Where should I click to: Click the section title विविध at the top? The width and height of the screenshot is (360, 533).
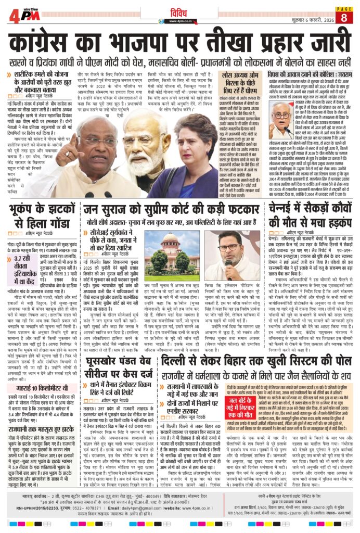(179, 12)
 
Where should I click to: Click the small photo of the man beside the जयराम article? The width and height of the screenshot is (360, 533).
(281, 118)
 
